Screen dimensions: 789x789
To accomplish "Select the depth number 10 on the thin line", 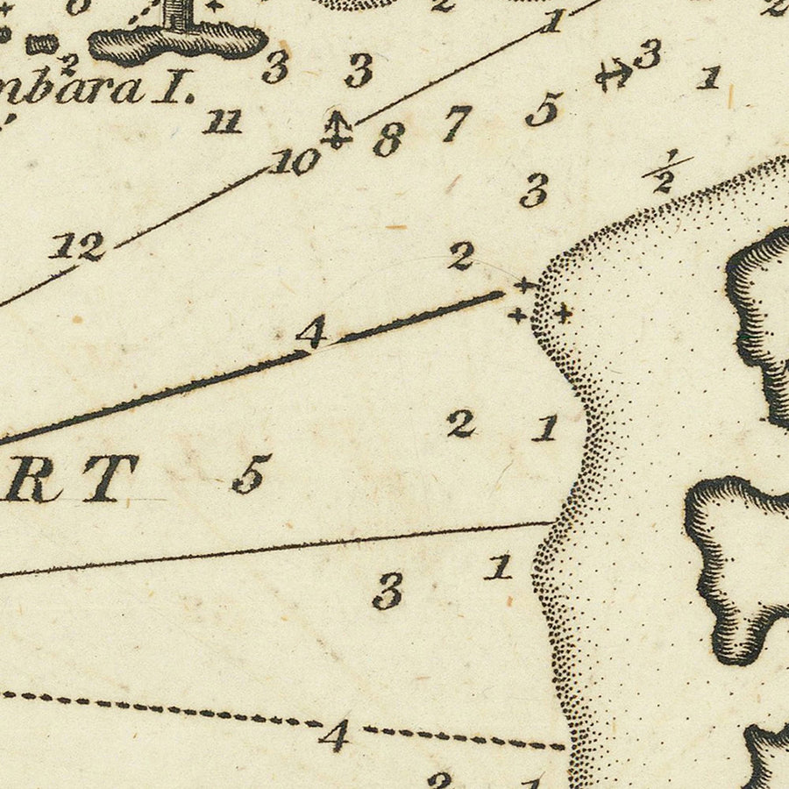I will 295,161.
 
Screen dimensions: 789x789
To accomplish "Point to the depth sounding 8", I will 388,139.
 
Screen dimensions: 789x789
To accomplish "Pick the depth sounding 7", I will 456,123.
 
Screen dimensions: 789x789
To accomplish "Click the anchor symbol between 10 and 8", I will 336,129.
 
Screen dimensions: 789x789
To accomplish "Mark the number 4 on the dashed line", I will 334,735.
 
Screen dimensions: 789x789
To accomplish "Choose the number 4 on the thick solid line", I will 311,332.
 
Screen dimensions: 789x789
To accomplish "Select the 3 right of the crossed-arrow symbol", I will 647,54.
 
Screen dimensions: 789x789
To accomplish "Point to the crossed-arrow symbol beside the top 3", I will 614,75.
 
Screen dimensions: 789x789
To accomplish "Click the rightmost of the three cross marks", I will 563,312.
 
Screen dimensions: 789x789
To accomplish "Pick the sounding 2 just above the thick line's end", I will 461,256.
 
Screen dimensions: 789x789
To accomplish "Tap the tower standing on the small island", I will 178,13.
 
